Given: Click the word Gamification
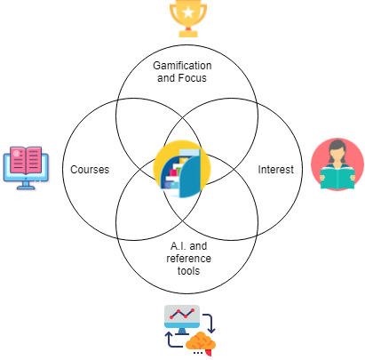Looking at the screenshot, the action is [182, 66].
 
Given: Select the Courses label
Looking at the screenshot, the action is [90, 170].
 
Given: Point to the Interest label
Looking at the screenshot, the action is [275, 170].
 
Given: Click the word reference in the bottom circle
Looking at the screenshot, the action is [188, 259].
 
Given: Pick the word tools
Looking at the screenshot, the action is [188, 271].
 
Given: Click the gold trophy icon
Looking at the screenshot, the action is [188, 19].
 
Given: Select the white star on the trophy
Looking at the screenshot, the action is [188, 12].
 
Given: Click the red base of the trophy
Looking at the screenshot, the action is [188, 28].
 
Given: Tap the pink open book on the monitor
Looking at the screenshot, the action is [26, 160].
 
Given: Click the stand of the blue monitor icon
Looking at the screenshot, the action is [26, 185].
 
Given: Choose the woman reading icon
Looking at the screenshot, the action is [337, 164].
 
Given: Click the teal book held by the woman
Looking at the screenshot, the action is [337, 178].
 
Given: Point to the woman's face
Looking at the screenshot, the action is [337, 153].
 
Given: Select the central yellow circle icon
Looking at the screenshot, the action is [182, 169].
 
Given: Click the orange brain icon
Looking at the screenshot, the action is [201, 344].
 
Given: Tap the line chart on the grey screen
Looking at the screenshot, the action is [182, 314].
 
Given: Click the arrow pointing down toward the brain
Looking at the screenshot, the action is [210, 324].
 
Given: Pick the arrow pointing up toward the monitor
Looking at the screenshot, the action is [171, 340].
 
